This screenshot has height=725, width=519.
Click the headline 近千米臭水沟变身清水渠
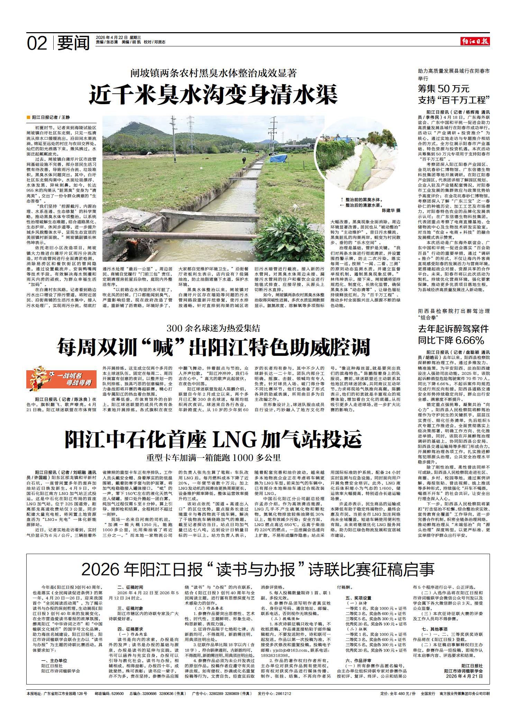213,95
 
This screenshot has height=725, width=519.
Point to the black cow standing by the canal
244,160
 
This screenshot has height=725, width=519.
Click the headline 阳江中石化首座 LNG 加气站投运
213,439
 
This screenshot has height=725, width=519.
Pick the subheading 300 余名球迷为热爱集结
213,327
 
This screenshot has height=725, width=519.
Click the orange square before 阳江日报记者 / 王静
29,118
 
